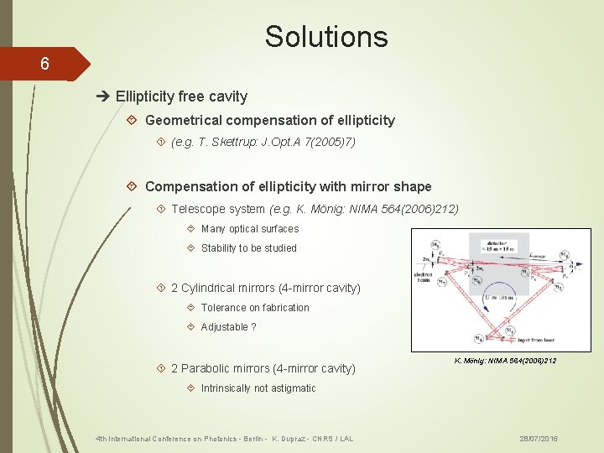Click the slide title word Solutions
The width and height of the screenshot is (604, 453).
[326, 37]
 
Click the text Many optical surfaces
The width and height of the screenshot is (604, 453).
[250, 229]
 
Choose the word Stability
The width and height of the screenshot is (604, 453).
[219, 248]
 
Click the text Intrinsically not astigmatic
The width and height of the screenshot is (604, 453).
[258, 388]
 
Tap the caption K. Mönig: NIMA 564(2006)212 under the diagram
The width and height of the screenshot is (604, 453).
[505, 361]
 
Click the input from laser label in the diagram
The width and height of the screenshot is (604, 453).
[511, 338]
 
